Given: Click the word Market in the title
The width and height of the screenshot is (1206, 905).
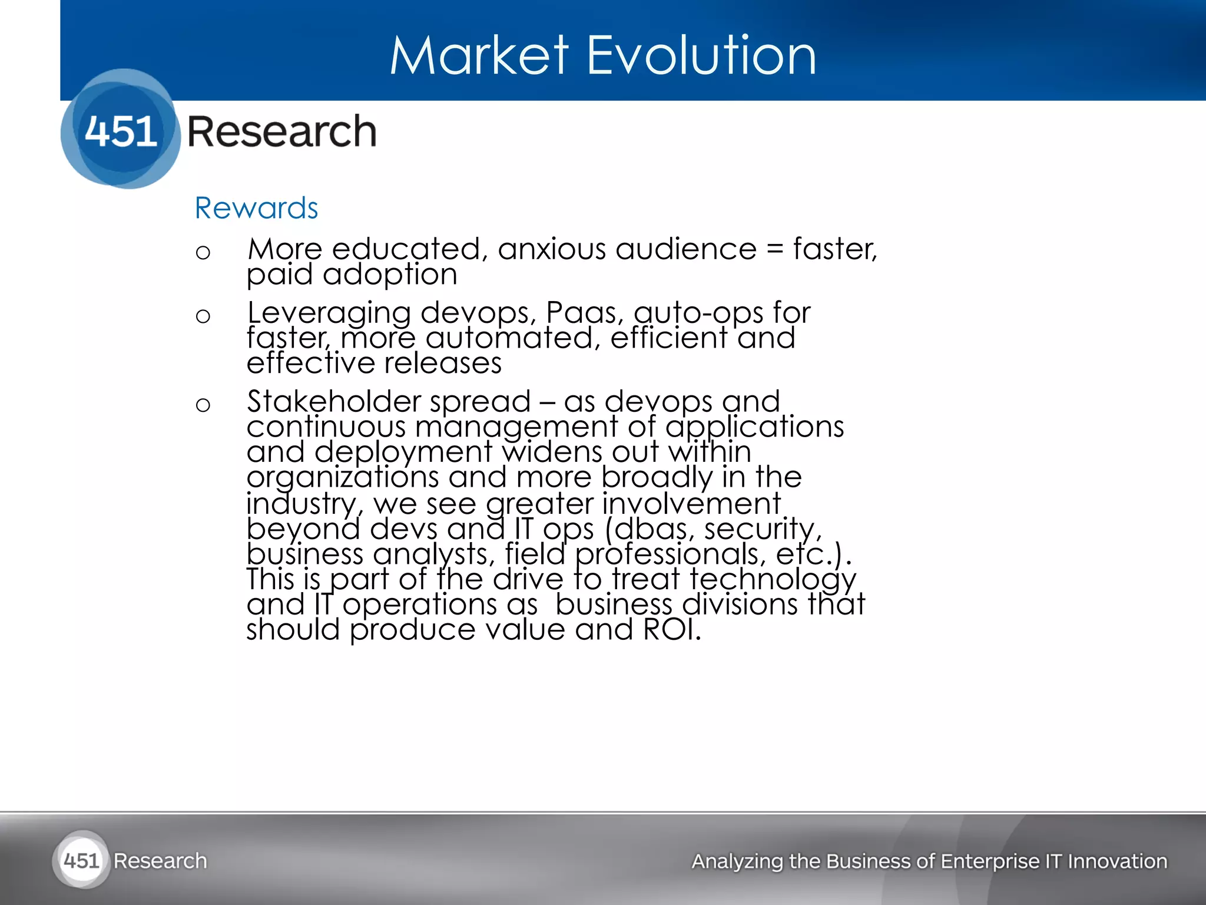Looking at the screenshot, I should [479, 55].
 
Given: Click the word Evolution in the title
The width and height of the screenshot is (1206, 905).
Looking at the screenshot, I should [701, 55].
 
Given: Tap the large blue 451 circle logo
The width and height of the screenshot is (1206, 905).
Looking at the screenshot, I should [121, 129].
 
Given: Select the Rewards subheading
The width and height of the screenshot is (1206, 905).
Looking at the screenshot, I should [256, 208].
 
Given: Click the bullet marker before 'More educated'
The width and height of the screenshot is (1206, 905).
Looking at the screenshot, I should [203, 253].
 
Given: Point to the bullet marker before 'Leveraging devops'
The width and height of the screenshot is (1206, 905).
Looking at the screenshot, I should [203, 316].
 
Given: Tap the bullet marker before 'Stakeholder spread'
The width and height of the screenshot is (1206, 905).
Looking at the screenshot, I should [203, 405].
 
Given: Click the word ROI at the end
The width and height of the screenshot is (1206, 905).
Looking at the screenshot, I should [671, 629].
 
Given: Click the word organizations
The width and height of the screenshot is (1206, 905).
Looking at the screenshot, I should [342, 477].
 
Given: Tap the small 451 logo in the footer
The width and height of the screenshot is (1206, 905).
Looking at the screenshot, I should [81, 861].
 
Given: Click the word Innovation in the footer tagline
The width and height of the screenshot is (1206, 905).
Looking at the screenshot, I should [1117, 861].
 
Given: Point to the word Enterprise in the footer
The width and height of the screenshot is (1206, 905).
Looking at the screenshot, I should [990, 861].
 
